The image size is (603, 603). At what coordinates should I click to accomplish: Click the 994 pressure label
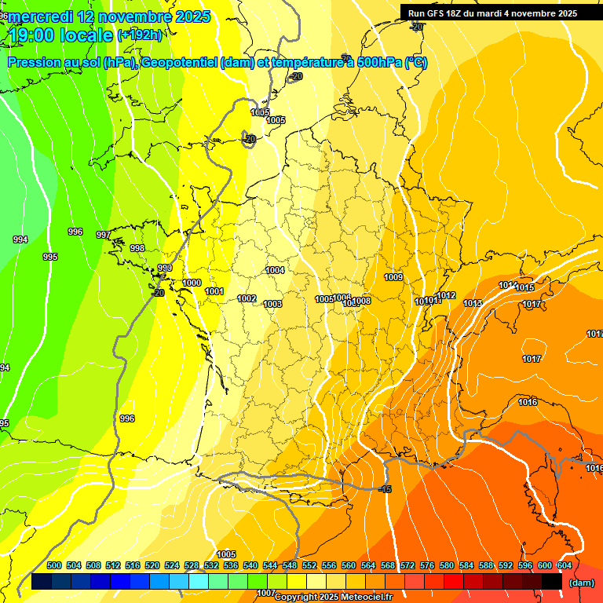tap(20, 239)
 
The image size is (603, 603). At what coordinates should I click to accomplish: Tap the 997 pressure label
tap(104, 235)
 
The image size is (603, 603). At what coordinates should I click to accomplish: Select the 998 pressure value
tap(137, 248)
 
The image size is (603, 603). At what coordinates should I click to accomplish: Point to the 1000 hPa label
tap(192, 283)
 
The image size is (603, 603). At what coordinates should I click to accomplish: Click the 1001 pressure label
tap(214, 291)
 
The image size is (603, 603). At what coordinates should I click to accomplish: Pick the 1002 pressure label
tap(247, 298)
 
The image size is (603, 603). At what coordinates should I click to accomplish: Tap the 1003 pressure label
tap(272, 304)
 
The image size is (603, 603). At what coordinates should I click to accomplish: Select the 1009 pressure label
tap(393, 277)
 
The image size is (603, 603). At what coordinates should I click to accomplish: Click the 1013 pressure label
tap(473, 303)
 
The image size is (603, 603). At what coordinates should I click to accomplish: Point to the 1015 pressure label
tap(525, 287)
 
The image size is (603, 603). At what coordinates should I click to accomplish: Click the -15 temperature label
tap(385, 489)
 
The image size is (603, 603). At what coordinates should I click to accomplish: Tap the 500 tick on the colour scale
tap(54, 565)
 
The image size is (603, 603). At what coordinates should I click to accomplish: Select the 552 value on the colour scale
tap(309, 565)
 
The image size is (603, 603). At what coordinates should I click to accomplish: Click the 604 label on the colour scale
tap(565, 565)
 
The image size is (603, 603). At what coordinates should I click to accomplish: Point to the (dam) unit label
tap(581, 582)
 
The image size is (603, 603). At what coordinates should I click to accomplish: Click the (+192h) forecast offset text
tap(140, 35)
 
